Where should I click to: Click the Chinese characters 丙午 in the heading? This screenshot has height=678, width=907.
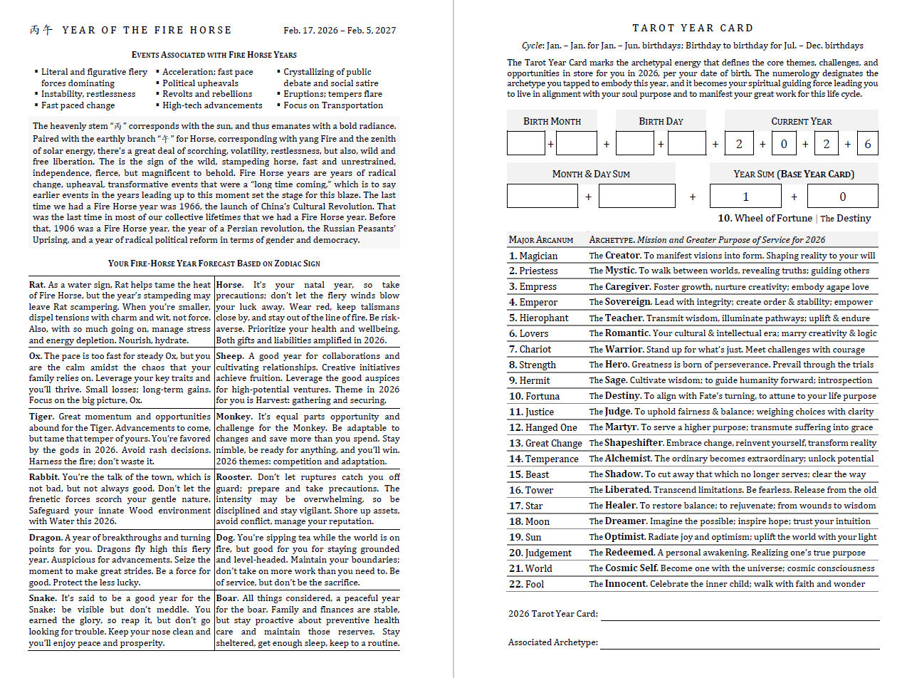pos(41,30)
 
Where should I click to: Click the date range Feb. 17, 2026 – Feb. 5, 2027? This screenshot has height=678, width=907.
pos(340,31)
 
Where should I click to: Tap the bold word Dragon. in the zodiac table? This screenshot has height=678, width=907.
pos(46,538)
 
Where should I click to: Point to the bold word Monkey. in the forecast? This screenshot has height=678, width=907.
pos(234,417)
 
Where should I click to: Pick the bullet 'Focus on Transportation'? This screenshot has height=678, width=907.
pos(333,105)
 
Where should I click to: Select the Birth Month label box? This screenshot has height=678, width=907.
pos(552,121)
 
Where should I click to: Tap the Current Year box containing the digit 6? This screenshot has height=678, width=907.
pos(868,143)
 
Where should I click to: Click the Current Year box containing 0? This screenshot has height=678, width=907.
pos(783,143)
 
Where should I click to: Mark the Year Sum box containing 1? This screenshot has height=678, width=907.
pos(745,197)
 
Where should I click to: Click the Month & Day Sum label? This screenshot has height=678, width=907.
pos(591,174)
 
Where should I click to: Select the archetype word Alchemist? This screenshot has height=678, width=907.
pos(628,459)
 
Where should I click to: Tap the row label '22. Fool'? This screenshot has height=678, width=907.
pos(527,584)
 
